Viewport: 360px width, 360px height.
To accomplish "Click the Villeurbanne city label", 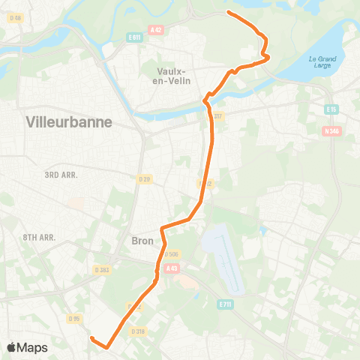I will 68,121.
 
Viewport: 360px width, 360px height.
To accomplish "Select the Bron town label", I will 142,241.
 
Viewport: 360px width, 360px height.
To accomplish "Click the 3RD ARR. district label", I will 61,174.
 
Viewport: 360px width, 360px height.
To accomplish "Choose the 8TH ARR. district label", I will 40,236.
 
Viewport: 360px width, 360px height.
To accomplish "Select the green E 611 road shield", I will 135,37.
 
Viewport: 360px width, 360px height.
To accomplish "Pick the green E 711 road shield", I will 224,304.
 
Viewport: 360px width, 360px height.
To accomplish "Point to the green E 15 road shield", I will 331,109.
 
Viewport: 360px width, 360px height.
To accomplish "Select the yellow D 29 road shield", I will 145,178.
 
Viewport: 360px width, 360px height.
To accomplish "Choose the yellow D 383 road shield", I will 102,269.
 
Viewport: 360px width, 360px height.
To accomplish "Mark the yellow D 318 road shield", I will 138,331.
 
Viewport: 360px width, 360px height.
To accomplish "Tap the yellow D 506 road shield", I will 171,254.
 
